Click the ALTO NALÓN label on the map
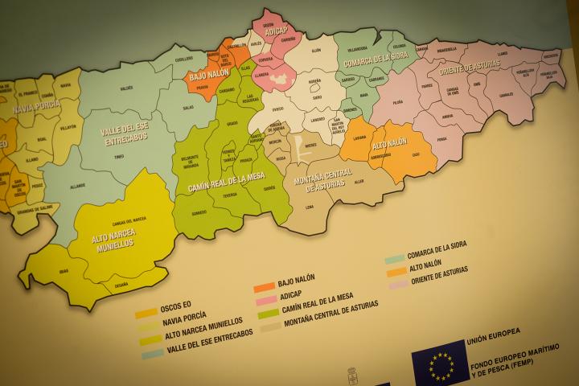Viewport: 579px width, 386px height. (x=390, y=146)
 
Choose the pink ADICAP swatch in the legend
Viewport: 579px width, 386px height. (x=265, y=301)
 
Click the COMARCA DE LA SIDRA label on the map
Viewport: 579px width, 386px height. (x=376, y=59)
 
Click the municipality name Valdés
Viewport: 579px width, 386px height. (x=126, y=87)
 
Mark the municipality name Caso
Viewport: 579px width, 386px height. (x=416, y=154)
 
